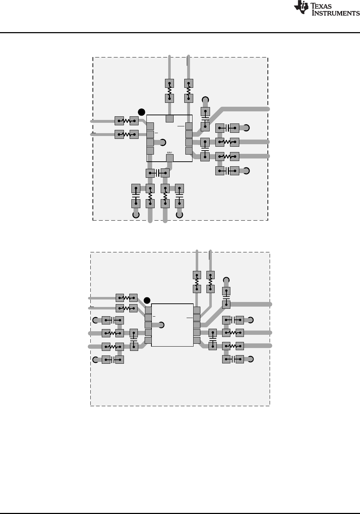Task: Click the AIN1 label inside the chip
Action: tap(170, 153)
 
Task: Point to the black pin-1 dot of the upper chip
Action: tap(141, 112)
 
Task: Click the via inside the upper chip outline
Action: tap(162, 143)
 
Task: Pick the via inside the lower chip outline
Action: tap(161, 325)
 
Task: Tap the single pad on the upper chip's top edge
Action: tap(170, 119)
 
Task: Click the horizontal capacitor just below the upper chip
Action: tap(157, 173)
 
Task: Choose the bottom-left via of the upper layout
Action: tap(136, 215)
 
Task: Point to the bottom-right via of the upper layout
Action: tap(179, 215)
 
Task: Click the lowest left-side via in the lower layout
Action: tap(95, 359)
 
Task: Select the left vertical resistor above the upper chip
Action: tap(170, 91)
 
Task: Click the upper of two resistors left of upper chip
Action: tap(126, 121)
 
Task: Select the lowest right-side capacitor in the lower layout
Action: tap(233, 359)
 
